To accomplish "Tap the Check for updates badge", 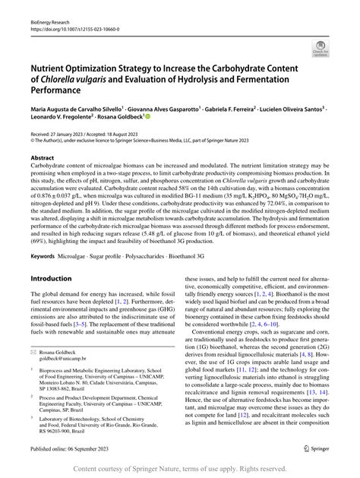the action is pos(320,51).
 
